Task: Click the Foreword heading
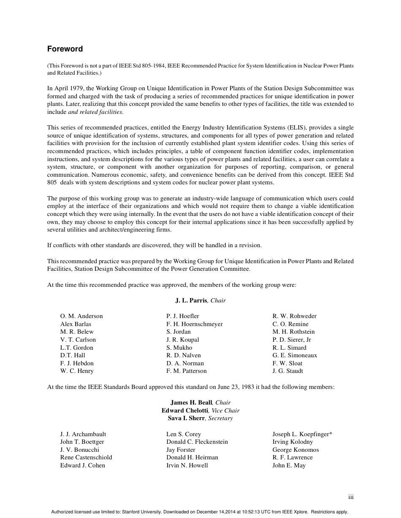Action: [x=65, y=49]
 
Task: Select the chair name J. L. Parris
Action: [x=191, y=301]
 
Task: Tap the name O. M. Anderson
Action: [x=81, y=316]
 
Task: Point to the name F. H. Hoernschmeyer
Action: [x=195, y=324]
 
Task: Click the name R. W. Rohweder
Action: [x=294, y=316]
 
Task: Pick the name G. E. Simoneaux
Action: [x=295, y=355]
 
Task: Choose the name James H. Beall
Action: [x=191, y=402]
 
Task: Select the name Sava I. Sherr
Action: [x=186, y=418]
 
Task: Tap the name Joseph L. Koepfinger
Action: [x=301, y=434]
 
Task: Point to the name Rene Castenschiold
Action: [x=86, y=457]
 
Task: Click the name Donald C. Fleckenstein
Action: [x=197, y=442]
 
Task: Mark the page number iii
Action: [x=351, y=497]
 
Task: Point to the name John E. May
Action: [x=289, y=465]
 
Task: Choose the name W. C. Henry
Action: [x=77, y=371]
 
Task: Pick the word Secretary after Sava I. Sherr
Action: [x=220, y=418]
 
